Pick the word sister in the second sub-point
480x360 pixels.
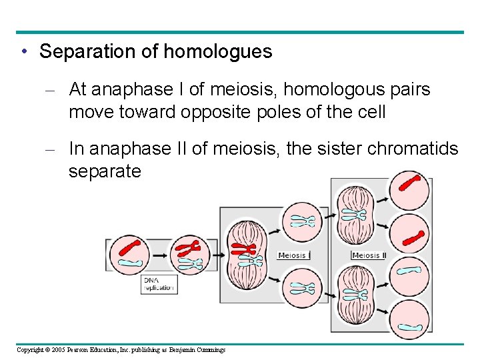click(x=347, y=149)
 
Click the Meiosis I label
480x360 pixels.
click(x=293, y=255)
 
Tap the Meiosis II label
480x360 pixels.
click(x=368, y=255)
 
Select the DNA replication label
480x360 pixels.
click(x=160, y=285)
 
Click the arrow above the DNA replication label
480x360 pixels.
click(x=160, y=256)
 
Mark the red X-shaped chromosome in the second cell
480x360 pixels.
click(x=189, y=249)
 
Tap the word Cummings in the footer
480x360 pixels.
click(x=210, y=350)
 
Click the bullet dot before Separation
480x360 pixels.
click(x=25, y=52)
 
